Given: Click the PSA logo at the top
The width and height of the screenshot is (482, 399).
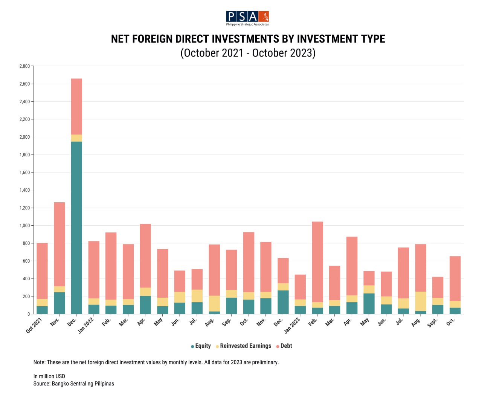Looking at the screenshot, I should point(247,18).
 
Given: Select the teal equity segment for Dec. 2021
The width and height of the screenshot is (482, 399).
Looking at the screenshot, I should point(76,228).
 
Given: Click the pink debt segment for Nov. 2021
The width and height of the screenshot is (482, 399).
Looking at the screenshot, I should point(59,244).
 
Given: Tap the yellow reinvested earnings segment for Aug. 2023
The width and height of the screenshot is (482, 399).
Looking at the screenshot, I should point(421,301).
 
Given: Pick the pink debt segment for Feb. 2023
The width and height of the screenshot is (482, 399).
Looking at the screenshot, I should point(317,262).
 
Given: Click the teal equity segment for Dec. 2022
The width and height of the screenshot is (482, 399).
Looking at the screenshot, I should point(283,302).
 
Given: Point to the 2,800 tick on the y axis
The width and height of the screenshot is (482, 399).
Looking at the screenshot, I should point(24,66).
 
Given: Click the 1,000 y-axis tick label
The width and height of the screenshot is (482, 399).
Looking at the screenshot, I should point(24,226).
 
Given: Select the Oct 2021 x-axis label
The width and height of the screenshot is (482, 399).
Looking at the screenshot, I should point(34,325).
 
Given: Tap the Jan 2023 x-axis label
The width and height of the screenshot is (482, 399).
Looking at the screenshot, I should point(292,325).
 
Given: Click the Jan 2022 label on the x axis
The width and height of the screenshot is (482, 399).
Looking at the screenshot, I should point(86,325).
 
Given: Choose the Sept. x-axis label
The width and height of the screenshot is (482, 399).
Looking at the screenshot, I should point(433,323).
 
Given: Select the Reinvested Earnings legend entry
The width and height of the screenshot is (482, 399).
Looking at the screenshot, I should point(245,346).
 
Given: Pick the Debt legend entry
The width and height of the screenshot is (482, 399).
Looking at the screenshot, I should point(286,346).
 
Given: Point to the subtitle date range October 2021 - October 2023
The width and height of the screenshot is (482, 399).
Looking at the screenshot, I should point(248,53).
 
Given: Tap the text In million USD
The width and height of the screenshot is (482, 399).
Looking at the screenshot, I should point(49,376).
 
